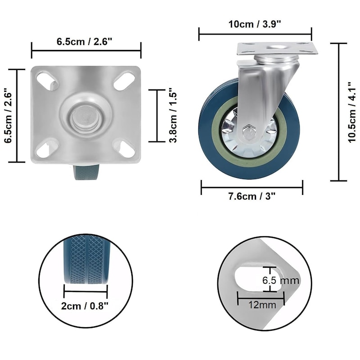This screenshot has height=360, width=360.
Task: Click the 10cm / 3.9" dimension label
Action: point(255,24)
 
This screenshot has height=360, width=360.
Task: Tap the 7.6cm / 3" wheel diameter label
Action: point(252,196)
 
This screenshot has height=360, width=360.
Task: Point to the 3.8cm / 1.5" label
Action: point(173,115)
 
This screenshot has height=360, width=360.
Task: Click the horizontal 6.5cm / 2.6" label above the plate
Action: point(84,41)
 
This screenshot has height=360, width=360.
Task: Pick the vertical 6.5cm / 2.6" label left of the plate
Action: point(8,115)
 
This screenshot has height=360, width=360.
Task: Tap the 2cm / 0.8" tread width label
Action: point(85,306)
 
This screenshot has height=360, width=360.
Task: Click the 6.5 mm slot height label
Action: point(281,280)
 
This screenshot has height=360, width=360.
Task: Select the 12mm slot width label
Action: point(262,305)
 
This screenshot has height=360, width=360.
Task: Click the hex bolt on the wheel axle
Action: point(249,132)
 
